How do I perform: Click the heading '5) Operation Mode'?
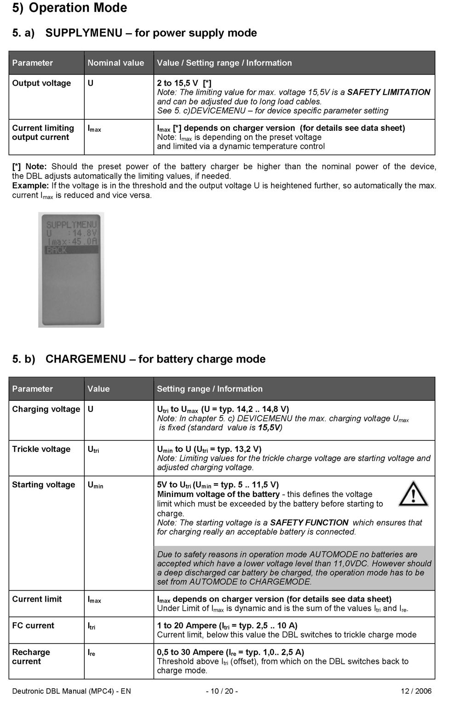(69, 8)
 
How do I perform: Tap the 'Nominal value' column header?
(115, 63)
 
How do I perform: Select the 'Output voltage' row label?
(41, 83)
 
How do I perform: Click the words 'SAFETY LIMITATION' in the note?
(389, 92)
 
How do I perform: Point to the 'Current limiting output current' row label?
(43, 133)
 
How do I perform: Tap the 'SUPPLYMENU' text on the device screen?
(71, 225)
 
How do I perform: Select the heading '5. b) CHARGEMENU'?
(138, 359)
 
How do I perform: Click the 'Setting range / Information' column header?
(209, 389)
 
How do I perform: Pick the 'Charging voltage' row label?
(46, 409)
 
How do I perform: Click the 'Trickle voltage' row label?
(41, 449)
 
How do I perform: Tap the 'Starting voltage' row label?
(43, 485)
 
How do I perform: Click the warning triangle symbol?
(413, 493)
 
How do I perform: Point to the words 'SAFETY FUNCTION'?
(309, 522)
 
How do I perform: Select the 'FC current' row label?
(33, 626)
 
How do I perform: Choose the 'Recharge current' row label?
(31, 657)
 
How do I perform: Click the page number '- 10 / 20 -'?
(222, 691)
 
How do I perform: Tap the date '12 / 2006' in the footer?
(416, 691)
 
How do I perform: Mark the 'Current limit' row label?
(37, 599)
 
